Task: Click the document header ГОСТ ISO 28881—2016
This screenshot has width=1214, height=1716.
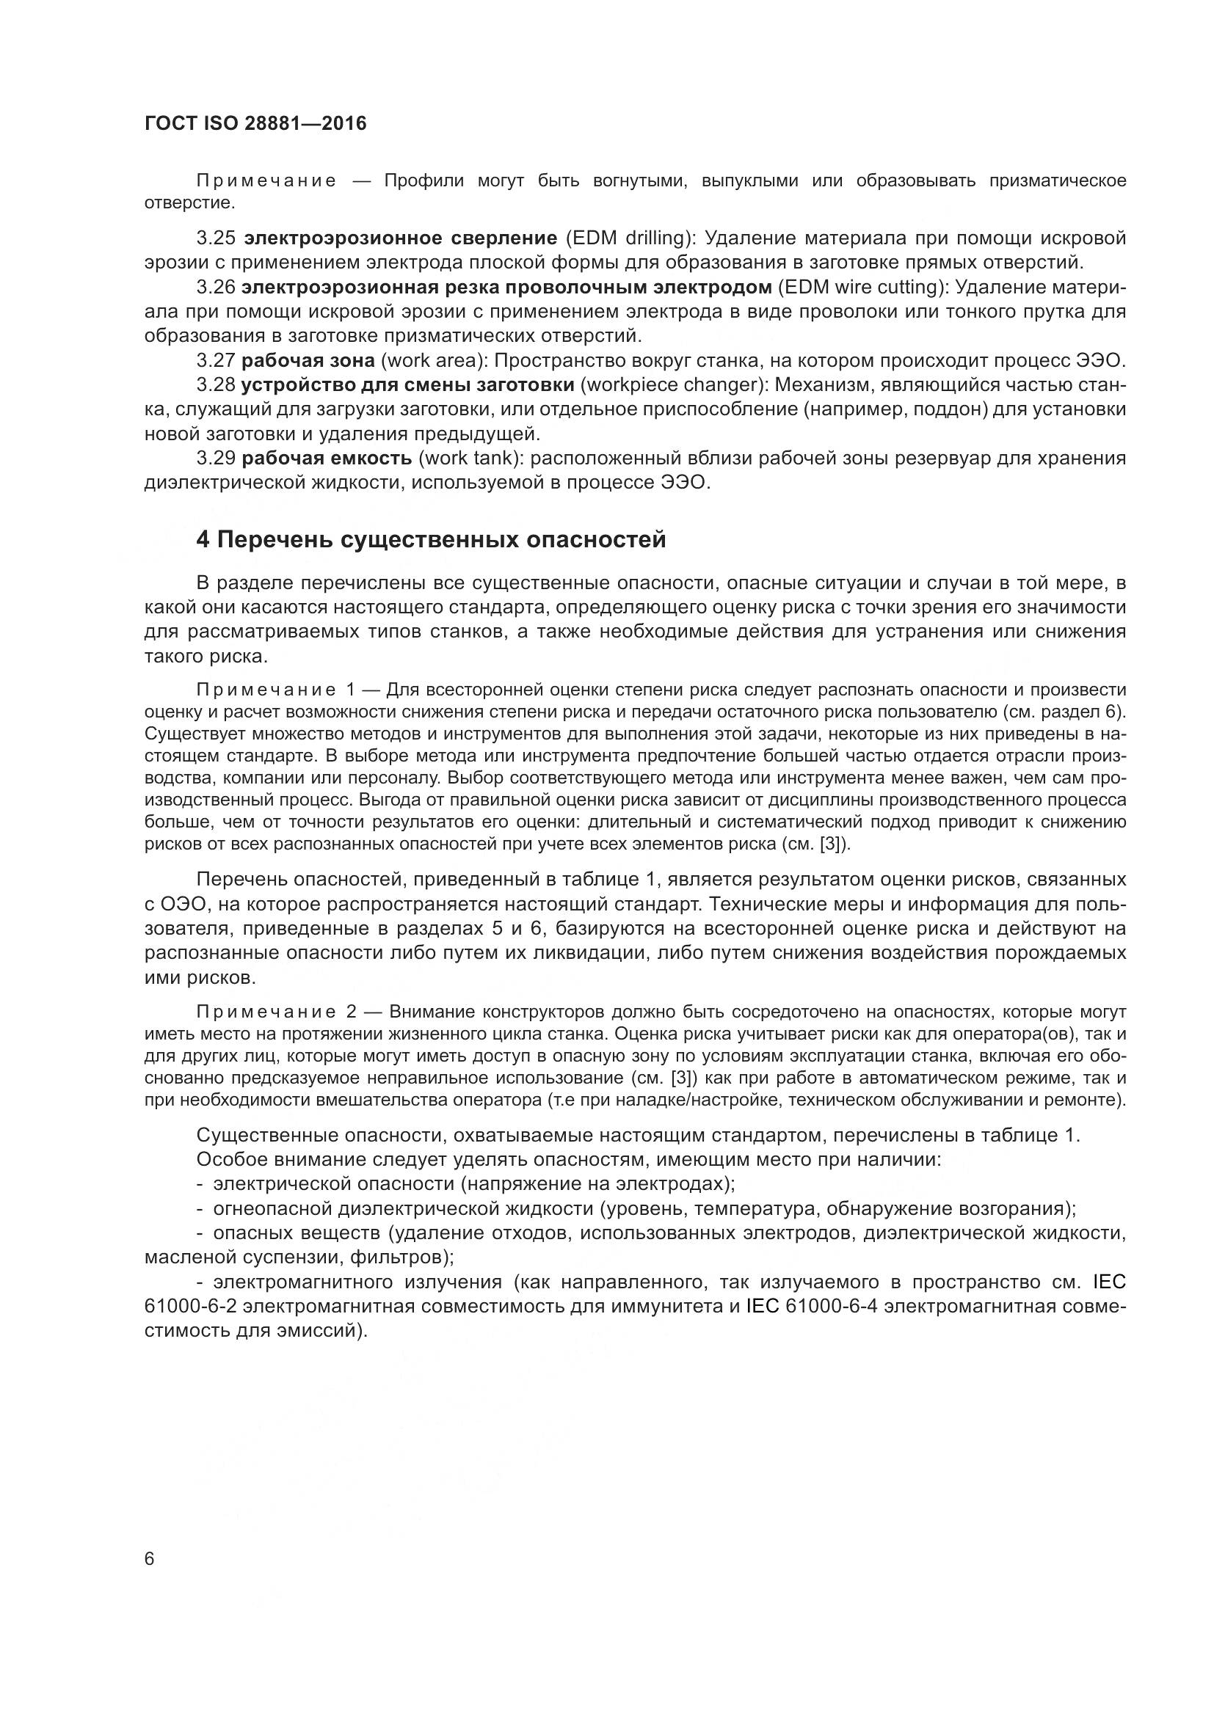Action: coord(255,124)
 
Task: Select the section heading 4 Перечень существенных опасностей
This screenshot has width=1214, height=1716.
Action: coord(431,539)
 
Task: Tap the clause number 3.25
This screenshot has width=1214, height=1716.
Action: coord(216,238)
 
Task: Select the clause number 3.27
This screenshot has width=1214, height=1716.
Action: coord(216,361)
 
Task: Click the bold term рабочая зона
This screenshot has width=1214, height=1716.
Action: coord(308,361)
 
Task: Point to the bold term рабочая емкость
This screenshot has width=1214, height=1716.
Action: coord(327,457)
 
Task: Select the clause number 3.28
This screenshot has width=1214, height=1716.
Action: coord(216,385)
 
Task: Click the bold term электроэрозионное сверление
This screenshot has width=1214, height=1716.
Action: coord(401,238)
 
